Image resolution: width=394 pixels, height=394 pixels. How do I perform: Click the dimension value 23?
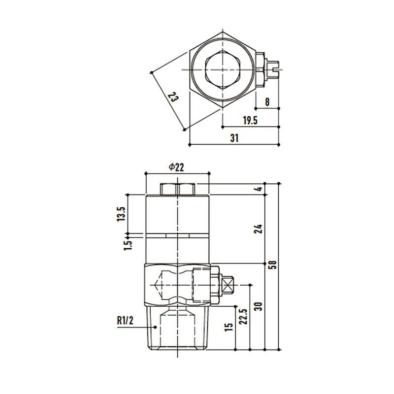(173, 97)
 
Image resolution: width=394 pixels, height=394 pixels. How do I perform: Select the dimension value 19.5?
(250, 121)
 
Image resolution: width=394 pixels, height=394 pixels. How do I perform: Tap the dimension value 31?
(234, 138)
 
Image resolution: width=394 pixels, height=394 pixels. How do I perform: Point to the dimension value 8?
(267, 102)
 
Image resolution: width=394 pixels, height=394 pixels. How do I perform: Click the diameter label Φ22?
(176, 167)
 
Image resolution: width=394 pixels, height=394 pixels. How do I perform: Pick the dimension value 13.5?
(121, 214)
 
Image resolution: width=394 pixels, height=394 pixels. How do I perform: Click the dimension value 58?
(272, 265)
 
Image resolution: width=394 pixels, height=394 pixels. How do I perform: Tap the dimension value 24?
(258, 229)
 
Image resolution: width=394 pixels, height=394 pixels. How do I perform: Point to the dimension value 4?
(260, 189)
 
